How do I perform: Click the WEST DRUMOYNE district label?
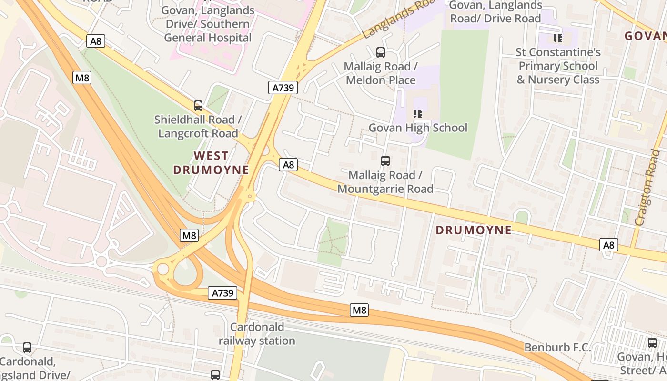(x=211, y=163)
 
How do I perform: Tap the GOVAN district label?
(x=646, y=36)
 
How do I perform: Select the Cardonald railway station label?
(x=257, y=334)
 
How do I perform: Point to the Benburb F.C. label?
(x=557, y=347)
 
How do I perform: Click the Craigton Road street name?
(x=647, y=187)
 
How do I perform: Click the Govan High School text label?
(x=418, y=128)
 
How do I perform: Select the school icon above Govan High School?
(x=418, y=113)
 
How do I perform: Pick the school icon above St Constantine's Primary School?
(x=557, y=38)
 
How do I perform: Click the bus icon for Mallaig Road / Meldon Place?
(x=380, y=52)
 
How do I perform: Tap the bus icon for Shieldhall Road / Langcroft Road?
(x=198, y=106)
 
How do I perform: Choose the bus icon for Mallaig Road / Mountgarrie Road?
(x=385, y=161)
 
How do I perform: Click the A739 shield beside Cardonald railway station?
(x=222, y=293)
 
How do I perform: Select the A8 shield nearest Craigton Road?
(x=608, y=245)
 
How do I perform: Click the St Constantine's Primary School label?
(x=558, y=66)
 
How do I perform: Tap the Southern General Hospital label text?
(x=208, y=24)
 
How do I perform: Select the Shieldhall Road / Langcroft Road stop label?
(x=198, y=127)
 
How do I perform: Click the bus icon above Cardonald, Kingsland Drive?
(x=27, y=348)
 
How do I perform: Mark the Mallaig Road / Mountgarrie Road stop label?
(x=385, y=182)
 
